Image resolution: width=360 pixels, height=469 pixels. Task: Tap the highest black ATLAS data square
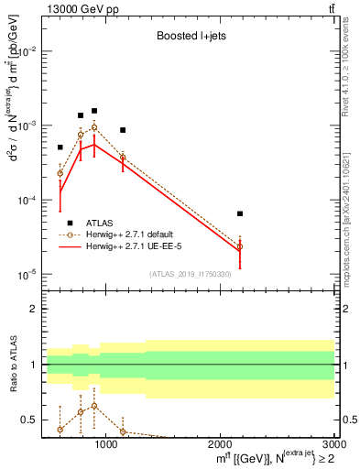pyautogui.click(x=94, y=111)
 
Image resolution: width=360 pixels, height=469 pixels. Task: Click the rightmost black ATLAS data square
pyautogui.click(x=240, y=213)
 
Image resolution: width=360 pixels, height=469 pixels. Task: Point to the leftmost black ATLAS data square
pyautogui.click(x=60, y=147)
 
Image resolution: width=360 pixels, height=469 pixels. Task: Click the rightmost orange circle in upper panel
pyautogui.click(x=240, y=246)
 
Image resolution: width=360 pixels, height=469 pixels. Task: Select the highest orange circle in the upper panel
pyautogui.click(x=94, y=127)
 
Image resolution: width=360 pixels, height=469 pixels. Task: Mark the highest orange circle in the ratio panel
pyautogui.click(x=94, y=405)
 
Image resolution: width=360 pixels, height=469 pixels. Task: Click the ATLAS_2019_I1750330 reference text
pyautogui.click(x=190, y=274)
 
